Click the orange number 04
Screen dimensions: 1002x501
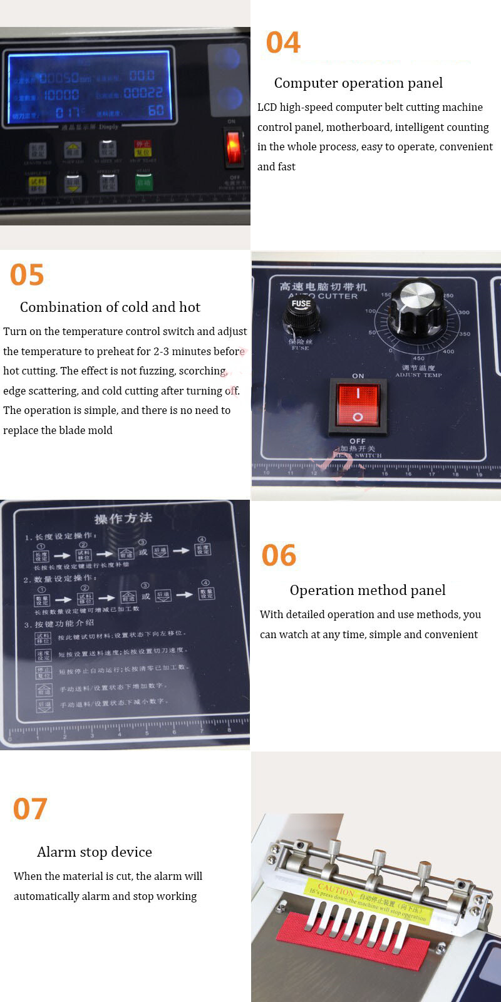(283, 43)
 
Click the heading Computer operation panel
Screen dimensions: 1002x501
(358, 83)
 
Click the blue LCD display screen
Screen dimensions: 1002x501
(89, 86)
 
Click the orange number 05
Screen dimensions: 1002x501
(27, 275)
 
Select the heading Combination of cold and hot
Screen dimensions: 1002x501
(110, 307)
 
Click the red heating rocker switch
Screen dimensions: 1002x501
(358, 406)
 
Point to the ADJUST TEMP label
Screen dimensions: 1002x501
(418, 375)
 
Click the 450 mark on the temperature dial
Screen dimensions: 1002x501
(418, 358)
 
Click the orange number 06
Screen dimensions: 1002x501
(279, 555)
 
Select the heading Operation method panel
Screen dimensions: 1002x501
(368, 590)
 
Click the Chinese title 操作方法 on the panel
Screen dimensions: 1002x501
(123, 518)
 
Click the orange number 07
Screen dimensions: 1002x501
(30, 809)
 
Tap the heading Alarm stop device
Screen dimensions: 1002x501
(95, 852)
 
